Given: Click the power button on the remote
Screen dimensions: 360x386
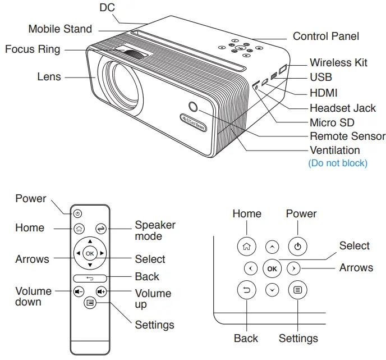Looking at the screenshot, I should pyautogui.click(x=77, y=213).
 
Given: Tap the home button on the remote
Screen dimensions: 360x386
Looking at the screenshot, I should pyautogui.click(x=79, y=228).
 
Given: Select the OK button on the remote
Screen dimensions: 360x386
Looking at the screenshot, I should pyautogui.click(x=90, y=253).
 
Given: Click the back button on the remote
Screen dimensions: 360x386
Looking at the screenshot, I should pyautogui.click(x=90, y=278).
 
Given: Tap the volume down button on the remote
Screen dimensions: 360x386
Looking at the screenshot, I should pyautogui.click(x=79, y=291).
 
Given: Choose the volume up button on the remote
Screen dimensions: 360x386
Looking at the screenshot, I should pyautogui.click(x=101, y=291).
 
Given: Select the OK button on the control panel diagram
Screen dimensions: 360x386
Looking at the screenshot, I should pyautogui.click(x=272, y=268).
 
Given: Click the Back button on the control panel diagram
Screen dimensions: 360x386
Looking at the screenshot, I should pyautogui.click(x=246, y=290).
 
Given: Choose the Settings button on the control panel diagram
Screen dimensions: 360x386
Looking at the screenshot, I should pyautogui.click(x=298, y=290).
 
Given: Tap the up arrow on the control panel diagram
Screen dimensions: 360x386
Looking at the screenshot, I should pyautogui.click(x=272, y=246).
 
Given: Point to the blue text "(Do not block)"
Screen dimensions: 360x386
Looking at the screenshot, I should pyautogui.click(x=338, y=163).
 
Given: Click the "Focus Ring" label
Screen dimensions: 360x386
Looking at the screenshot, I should pyautogui.click(x=32, y=49).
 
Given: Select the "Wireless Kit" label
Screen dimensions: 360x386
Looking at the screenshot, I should pyautogui.click(x=338, y=62).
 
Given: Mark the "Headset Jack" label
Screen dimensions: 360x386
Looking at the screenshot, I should pyautogui.click(x=343, y=108).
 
